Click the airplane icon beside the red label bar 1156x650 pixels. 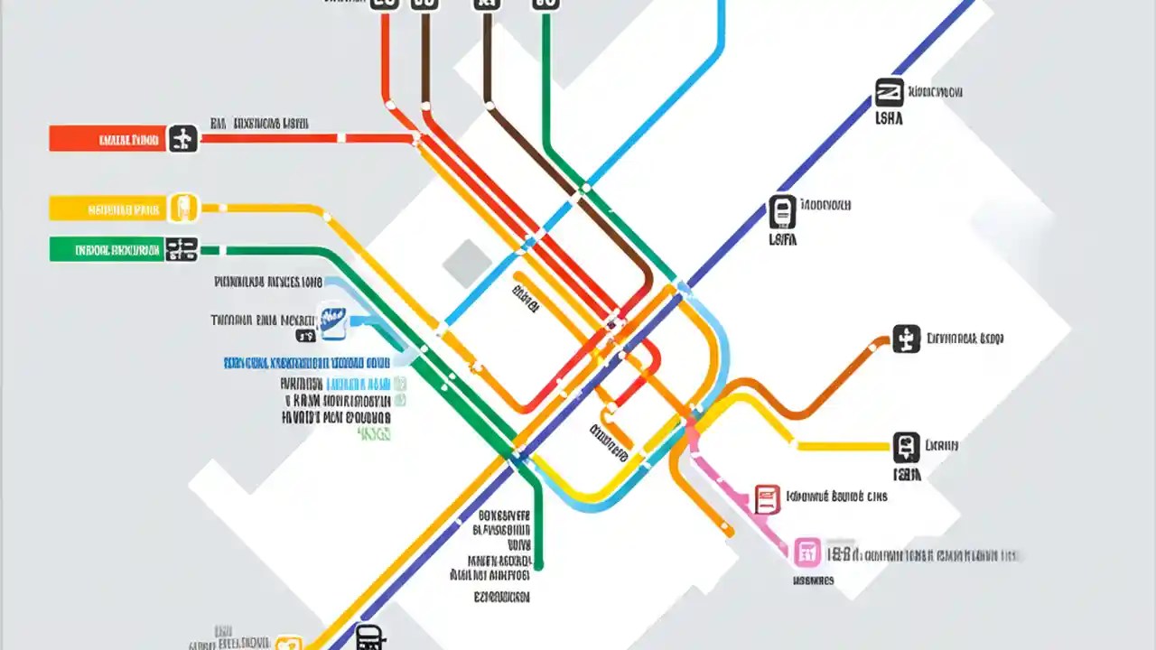click(x=182, y=138)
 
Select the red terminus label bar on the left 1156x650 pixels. click(x=107, y=138)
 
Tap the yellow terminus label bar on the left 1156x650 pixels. click(x=107, y=209)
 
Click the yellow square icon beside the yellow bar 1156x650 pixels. click(x=183, y=208)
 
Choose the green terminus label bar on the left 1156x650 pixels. click(x=107, y=249)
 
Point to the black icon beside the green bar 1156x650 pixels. click(x=182, y=249)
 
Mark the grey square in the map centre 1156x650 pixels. click(x=467, y=263)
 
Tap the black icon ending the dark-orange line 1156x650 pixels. click(x=906, y=339)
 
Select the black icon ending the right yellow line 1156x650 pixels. click(x=906, y=446)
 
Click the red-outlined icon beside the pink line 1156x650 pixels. click(x=767, y=498)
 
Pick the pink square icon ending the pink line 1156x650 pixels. click(x=806, y=551)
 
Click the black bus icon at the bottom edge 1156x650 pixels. click(x=369, y=637)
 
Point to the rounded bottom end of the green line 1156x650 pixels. click(x=538, y=565)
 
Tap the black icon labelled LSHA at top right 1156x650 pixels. click(x=889, y=92)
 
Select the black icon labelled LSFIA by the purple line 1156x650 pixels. click(x=782, y=211)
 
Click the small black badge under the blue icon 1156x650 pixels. click(x=306, y=336)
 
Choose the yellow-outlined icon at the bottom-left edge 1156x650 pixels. click(x=288, y=643)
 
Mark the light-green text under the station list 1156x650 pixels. click(x=374, y=434)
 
